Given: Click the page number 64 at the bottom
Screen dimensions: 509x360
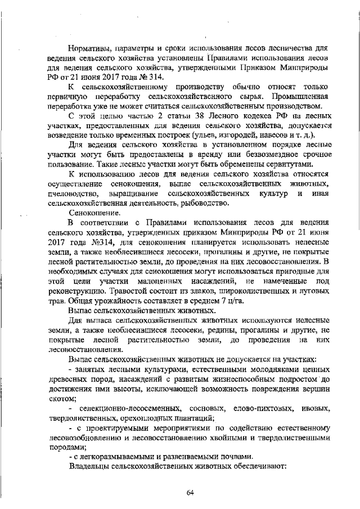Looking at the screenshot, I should pos(190,493).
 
